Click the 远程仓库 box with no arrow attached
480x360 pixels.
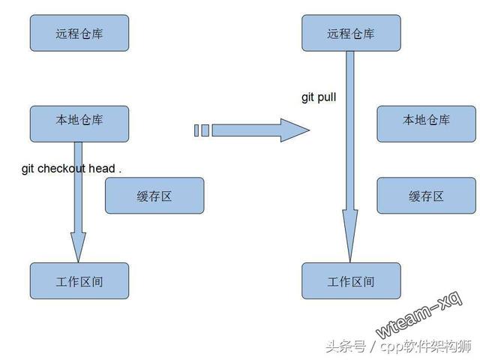coord(79,32)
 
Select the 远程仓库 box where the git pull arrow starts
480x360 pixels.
coord(350,32)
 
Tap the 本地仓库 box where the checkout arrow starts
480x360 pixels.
coord(79,123)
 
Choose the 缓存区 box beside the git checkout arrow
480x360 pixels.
coord(154,195)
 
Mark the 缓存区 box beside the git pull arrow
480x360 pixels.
coord(426,195)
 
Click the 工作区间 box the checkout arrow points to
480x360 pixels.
coord(79,280)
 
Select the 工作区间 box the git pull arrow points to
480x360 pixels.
coord(350,280)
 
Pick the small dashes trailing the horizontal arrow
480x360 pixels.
coord(201,130)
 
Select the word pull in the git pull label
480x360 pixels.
coord(327,97)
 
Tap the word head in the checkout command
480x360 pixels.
coord(101,169)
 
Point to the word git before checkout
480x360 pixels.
coord(28,169)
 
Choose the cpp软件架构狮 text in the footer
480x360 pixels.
coord(424,346)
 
